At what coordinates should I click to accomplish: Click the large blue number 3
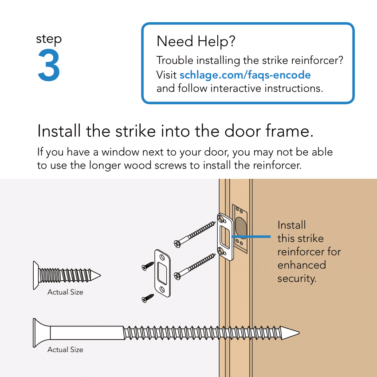(x=49, y=66)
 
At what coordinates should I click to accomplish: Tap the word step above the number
(x=49, y=39)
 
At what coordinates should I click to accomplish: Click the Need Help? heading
(x=196, y=42)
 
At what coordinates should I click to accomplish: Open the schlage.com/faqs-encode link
(x=245, y=75)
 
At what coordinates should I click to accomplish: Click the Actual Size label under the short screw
(x=65, y=292)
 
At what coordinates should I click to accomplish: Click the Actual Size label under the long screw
(x=65, y=350)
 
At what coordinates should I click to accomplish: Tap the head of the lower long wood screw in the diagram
(x=178, y=275)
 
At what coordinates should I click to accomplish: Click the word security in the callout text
(x=296, y=279)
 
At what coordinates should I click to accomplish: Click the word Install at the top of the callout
(x=291, y=225)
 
